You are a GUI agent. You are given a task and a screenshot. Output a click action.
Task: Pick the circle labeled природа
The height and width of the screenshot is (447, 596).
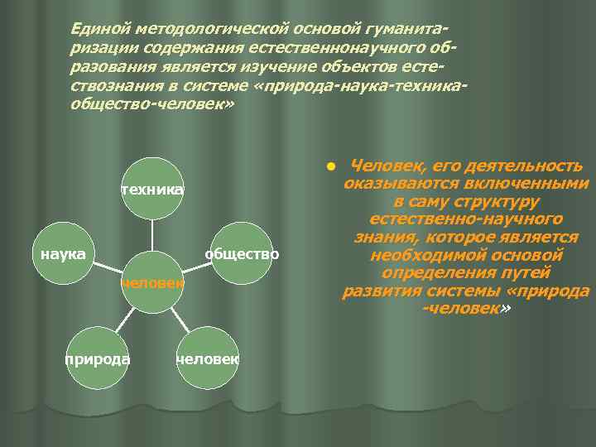(98, 358)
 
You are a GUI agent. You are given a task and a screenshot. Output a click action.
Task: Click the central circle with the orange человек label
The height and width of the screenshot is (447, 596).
(152, 282)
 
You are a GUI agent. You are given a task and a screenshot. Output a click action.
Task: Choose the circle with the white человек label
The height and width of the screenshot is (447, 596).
(208, 358)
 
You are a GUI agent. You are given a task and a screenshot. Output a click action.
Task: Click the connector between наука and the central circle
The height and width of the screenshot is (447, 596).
(108, 267)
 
